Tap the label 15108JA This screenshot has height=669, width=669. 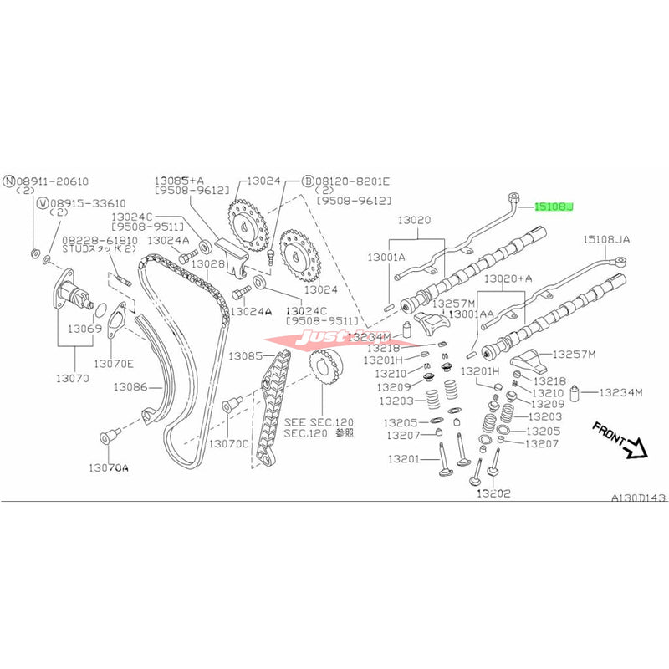pos(606,239)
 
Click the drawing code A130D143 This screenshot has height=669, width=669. pos(638,497)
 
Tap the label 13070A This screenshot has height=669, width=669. pos(109,467)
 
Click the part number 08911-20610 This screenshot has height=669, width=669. pos(52,181)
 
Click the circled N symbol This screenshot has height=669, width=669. pos(9,181)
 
